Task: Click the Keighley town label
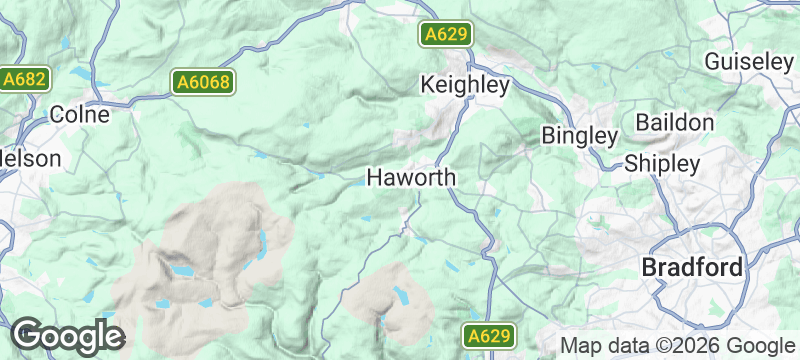tap(466, 85)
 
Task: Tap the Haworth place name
tap(412, 178)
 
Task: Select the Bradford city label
tap(692, 268)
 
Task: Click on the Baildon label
tap(675, 123)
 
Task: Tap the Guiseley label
tap(749, 61)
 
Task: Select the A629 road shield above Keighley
tap(445, 35)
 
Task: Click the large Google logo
tap(67, 335)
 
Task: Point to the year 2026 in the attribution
tap(698, 345)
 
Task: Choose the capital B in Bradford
tap(649, 268)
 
